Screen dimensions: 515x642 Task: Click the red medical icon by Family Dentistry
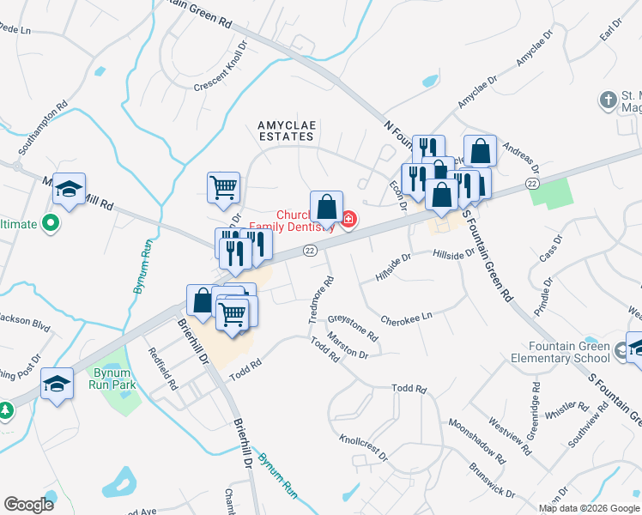tap(348, 220)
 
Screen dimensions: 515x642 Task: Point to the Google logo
tap(28, 505)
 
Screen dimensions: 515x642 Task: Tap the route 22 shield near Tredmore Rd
tap(310, 250)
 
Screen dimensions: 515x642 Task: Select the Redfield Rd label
tap(161, 368)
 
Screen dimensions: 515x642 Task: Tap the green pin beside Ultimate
tap(50, 224)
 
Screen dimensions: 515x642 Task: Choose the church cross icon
tap(608, 100)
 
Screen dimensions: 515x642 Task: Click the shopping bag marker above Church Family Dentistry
tap(326, 207)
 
